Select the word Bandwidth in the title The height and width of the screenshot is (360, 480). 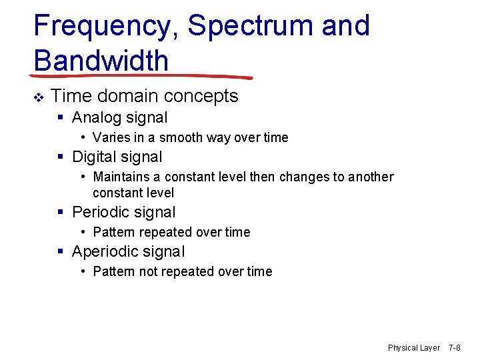(101, 61)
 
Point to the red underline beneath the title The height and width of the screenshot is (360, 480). (143, 76)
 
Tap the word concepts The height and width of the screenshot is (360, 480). (203, 97)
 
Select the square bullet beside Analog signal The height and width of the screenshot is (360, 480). (61, 118)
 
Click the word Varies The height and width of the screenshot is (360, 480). (111, 138)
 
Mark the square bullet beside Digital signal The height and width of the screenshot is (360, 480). (61, 157)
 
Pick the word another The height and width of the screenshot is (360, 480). (368, 177)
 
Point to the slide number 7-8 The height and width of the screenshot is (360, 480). (455, 348)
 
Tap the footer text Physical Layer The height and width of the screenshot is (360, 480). (414, 348)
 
